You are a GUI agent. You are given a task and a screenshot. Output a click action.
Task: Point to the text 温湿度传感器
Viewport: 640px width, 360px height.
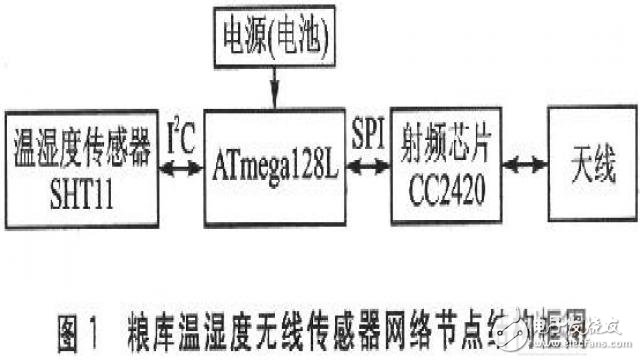coord(80,147)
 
